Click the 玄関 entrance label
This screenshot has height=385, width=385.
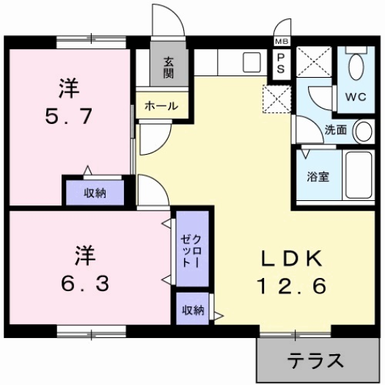pos(168,68)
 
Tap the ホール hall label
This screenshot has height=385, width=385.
pos(161,106)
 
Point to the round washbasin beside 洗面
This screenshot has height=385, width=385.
pos(362,132)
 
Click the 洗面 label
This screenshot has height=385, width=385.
pos(336,131)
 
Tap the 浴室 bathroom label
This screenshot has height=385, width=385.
pos(317,176)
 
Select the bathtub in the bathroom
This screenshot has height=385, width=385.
pos(359,175)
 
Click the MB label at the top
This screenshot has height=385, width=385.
pos(281,42)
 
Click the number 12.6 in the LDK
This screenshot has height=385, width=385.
pos(289,285)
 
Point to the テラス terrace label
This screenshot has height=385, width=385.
pos(315,361)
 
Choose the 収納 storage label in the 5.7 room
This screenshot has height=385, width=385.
pos(94,193)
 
